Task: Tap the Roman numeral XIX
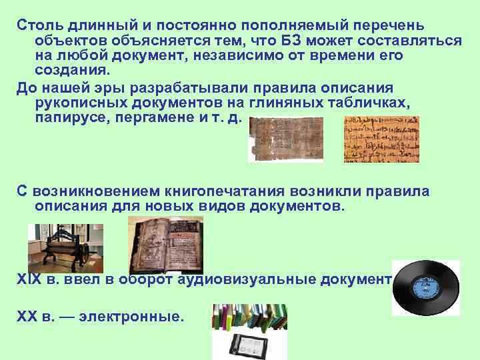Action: (29, 279)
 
